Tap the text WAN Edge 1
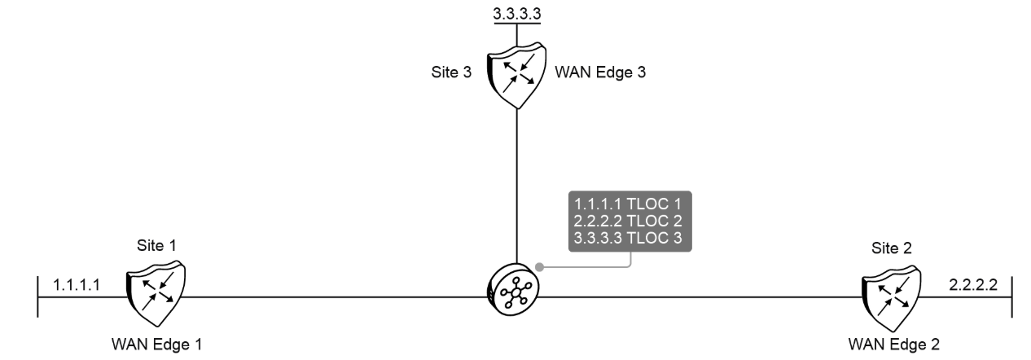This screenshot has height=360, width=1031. pos(157,343)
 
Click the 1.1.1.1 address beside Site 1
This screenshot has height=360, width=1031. pos(76,285)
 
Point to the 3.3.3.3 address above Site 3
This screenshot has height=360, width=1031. pos(518,13)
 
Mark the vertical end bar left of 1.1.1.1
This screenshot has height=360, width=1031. pos(38,297)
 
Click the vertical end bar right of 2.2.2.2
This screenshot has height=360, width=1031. pos(1011,297)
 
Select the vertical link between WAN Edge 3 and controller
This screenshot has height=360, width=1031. pos(518,187)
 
